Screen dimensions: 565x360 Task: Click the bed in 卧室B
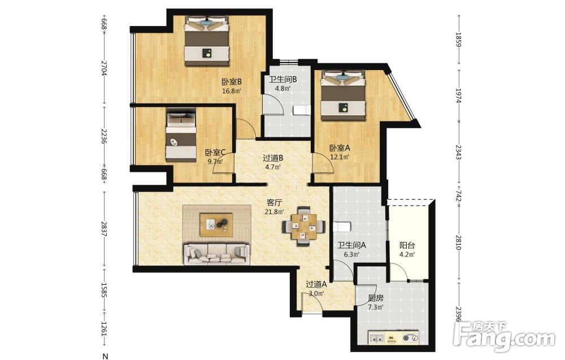(x=207, y=41)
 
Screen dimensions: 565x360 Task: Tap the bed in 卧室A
(x=343, y=95)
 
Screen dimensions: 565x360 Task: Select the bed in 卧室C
(x=181, y=135)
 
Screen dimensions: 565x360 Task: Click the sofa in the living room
(x=217, y=254)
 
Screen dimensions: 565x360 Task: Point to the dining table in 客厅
(x=304, y=226)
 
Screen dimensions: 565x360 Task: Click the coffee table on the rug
(x=216, y=225)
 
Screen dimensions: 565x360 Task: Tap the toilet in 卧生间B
(x=302, y=110)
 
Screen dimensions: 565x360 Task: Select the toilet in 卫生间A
(x=342, y=227)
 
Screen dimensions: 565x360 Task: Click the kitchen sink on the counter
(x=376, y=338)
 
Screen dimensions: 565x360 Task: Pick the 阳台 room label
(x=407, y=245)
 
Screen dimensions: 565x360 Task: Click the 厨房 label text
(x=376, y=298)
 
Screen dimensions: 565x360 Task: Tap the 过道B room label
(x=273, y=158)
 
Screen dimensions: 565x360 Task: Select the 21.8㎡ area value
(x=274, y=212)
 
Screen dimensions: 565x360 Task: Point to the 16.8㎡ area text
(x=231, y=91)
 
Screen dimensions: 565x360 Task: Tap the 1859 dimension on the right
(x=458, y=40)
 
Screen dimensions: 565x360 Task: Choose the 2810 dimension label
(x=458, y=242)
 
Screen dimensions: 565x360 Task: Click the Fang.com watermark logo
(x=504, y=336)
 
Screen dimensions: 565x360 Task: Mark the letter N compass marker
(x=105, y=357)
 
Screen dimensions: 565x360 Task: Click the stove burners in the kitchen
(x=411, y=338)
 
